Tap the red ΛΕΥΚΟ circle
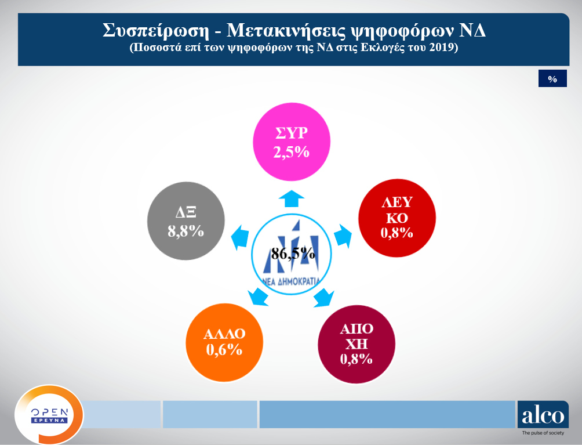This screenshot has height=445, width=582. click(x=397, y=218)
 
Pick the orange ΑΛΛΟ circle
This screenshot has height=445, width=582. click(x=224, y=342)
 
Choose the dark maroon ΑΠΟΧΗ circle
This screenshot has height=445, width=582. click(x=357, y=343)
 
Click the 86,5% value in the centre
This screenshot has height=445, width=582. click(x=293, y=254)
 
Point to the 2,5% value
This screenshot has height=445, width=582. click(x=292, y=152)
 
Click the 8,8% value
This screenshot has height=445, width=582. click(x=185, y=231)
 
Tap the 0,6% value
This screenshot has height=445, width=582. click(x=224, y=350)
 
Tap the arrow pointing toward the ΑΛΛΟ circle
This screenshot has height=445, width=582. click(x=259, y=297)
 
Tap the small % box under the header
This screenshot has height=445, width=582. click(x=552, y=79)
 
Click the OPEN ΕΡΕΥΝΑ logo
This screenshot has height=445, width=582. click(x=49, y=415)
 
